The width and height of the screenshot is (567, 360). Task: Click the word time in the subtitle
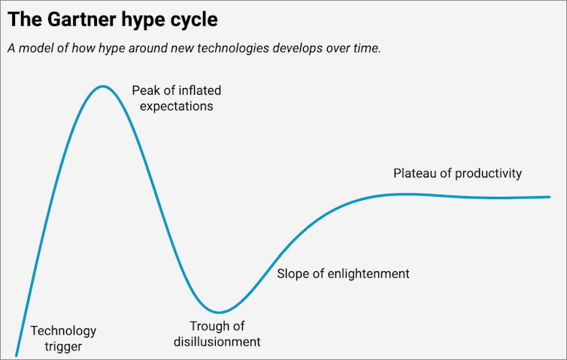[366, 48]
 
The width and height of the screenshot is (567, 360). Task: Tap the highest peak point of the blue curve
[103, 87]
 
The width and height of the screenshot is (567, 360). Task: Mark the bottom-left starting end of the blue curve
[16, 354]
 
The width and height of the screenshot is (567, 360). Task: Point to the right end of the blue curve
[550, 197]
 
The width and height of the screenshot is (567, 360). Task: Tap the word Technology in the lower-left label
[63, 331]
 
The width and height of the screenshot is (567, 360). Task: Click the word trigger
[63, 346]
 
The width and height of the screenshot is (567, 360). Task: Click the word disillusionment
[217, 341]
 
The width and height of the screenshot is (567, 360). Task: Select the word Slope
[294, 274]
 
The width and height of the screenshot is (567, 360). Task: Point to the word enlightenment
[369, 274]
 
